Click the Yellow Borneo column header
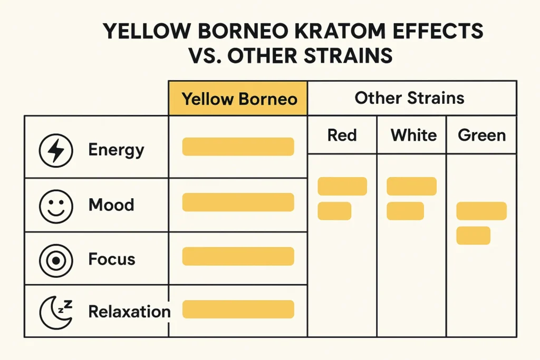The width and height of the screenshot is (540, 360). tap(239, 99)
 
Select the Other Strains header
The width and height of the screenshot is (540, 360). tap(410, 98)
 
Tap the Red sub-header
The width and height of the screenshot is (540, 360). tap(342, 135)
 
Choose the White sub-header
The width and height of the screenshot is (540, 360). tap(413, 135)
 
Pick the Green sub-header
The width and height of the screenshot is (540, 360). tap(481, 135)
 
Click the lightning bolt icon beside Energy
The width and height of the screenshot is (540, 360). tap(55, 150)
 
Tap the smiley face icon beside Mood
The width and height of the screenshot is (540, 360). tap(55, 205)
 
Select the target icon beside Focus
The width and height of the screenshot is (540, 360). tap(55, 259)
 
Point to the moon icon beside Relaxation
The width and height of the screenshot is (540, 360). tap(55, 312)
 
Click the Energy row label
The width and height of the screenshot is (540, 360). tap(116, 150)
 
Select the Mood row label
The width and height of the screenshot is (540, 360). tap(111, 205)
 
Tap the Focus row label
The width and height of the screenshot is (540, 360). tap(112, 259)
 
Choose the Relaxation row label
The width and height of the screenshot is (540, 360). tap(129, 312)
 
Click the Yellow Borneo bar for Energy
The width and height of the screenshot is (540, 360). tap(238, 147)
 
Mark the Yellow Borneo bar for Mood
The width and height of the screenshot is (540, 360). tap(238, 202)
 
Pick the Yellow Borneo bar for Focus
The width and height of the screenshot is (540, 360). tap(238, 256)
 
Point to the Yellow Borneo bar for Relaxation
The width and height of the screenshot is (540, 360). tap(238, 309)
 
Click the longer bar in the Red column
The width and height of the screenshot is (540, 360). tap(342, 186)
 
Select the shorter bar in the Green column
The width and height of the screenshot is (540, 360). tap(473, 236)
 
